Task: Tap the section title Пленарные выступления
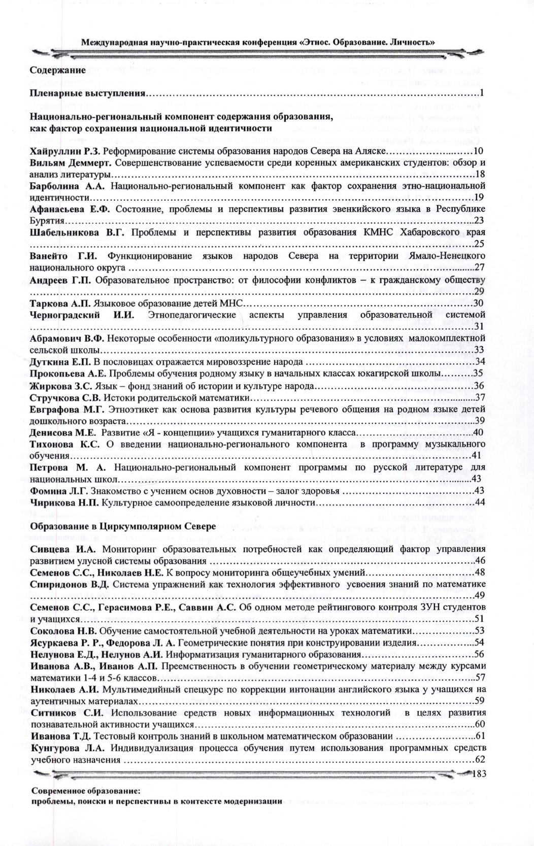[x=87, y=93]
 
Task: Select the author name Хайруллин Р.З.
[x=66, y=151]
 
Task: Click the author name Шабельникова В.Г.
[x=77, y=232]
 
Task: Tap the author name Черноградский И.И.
[x=81, y=315]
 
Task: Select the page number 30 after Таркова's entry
[x=479, y=303]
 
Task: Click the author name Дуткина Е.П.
[x=60, y=361]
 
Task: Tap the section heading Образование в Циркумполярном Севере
[x=123, y=526]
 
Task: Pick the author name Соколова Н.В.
[x=64, y=631]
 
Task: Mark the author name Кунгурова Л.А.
[x=67, y=748]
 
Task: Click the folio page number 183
[x=479, y=773]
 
